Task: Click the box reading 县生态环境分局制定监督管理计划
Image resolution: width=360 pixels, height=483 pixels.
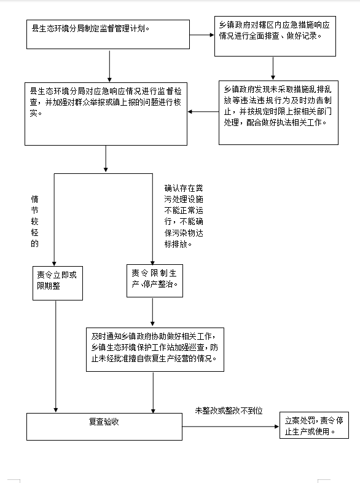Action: click(x=108, y=34)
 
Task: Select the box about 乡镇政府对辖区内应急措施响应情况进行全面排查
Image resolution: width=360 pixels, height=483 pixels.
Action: click(x=275, y=36)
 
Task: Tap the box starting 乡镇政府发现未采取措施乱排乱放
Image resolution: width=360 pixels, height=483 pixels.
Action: click(x=278, y=112)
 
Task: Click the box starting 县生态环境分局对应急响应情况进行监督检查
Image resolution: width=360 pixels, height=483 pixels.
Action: click(x=106, y=114)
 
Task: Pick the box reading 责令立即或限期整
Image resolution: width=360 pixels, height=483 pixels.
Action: click(x=58, y=283)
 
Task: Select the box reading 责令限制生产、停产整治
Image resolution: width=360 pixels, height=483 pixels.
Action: click(x=155, y=281)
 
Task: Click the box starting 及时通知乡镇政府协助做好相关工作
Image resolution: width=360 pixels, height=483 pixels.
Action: click(x=155, y=350)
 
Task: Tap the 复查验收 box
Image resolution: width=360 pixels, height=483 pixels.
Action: click(x=104, y=426)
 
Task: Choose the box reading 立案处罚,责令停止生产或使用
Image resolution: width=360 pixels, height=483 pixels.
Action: click(x=314, y=425)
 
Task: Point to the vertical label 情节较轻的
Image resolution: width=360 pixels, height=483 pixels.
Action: click(x=34, y=221)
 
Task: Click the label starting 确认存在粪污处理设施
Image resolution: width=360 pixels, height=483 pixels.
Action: click(x=184, y=216)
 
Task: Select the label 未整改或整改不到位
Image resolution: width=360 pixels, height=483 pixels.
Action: click(x=229, y=410)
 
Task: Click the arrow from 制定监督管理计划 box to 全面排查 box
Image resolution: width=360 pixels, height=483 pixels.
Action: click(x=202, y=35)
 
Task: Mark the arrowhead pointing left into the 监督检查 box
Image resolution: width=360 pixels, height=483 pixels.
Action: click(x=190, y=111)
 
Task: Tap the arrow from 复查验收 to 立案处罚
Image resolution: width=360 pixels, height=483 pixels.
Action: click(x=230, y=426)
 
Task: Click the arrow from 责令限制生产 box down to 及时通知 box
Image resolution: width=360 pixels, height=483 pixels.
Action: click(x=152, y=312)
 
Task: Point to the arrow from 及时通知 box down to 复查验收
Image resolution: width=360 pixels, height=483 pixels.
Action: click(x=153, y=393)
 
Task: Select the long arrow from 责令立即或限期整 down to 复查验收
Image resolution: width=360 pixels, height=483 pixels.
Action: click(x=56, y=356)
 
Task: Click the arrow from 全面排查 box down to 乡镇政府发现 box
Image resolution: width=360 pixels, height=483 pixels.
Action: click(x=273, y=68)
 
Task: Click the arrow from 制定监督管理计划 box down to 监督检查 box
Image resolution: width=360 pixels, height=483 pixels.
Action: click(x=109, y=66)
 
